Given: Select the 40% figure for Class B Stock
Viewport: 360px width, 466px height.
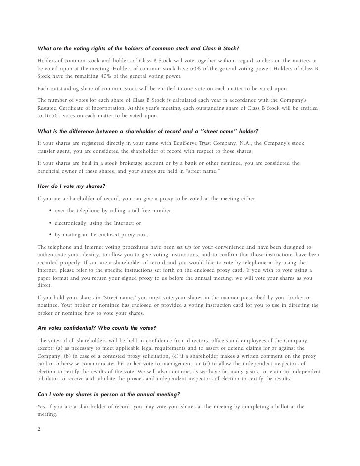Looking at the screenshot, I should [x=103, y=77].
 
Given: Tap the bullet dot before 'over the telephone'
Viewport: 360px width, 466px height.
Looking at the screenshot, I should [x=51, y=211].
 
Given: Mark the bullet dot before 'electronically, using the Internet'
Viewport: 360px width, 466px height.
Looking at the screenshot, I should [x=51, y=223].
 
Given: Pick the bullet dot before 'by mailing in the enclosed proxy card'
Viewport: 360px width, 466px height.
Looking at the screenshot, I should [x=51, y=235].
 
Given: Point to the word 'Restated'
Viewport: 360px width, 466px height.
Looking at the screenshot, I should [x=50, y=108].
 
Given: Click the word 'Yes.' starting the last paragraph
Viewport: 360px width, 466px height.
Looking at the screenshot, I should [x=43, y=407].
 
